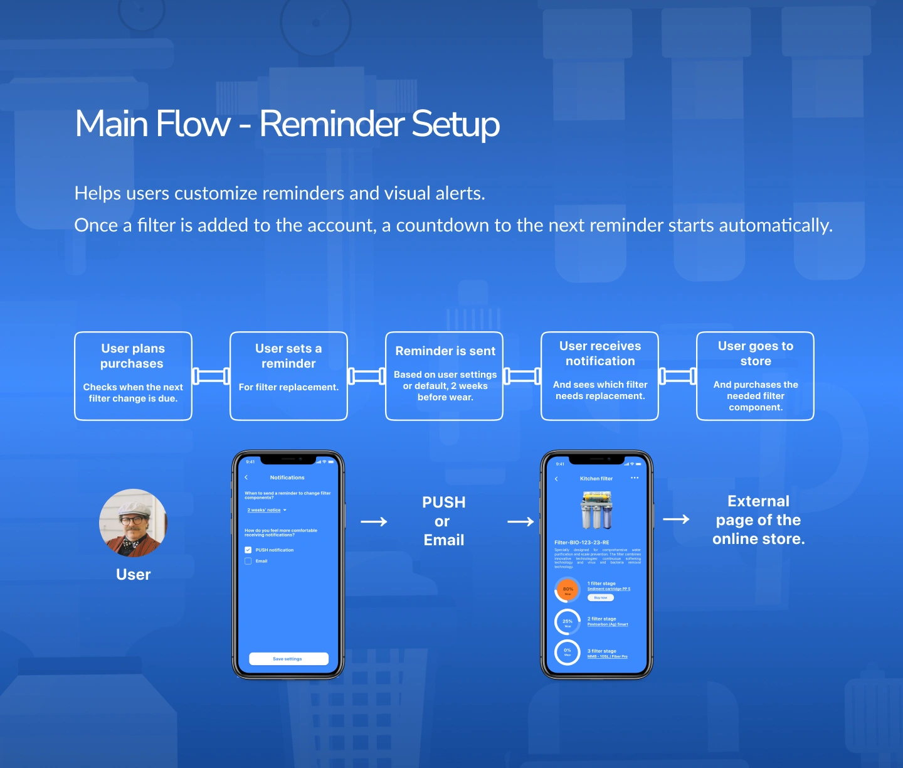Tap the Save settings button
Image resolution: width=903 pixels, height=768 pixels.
[x=288, y=659]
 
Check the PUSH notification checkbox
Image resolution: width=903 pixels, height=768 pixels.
[x=248, y=550]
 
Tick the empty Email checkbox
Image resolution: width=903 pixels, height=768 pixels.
[x=248, y=561]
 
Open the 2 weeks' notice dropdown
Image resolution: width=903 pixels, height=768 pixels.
[x=267, y=510]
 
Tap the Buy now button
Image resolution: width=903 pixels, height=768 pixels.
[x=601, y=598]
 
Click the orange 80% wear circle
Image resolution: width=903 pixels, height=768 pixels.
[x=568, y=590]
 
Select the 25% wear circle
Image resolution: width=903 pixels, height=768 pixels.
[x=568, y=622]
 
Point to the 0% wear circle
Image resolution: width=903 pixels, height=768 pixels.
[x=568, y=652]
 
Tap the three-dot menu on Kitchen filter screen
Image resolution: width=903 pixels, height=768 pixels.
[x=635, y=478]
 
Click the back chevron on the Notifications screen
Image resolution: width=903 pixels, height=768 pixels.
[x=246, y=477]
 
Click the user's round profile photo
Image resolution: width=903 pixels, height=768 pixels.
[x=133, y=523]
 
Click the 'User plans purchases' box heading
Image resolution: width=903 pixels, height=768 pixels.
[x=133, y=356]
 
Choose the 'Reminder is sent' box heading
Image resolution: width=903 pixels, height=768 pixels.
[x=445, y=351]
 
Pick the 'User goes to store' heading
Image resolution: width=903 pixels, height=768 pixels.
[x=756, y=353]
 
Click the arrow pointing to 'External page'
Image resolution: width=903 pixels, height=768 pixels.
[x=676, y=519]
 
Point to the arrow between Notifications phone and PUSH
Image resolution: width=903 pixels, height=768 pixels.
[x=374, y=521]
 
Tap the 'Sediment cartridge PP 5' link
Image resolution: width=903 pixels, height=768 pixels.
[x=608, y=589]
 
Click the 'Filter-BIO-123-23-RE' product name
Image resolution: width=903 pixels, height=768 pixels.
[x=581, y=542]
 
